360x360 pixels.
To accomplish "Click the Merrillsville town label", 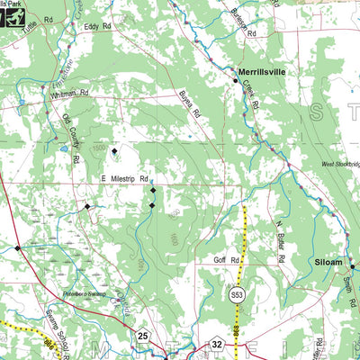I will (263, 68).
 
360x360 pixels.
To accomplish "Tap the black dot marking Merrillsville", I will (236, 81).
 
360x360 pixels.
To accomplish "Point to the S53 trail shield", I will (237, 293).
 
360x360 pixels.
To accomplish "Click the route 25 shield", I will (143, 336).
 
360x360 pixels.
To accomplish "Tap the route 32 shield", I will (217, 344).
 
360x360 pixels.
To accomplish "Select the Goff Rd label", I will (228, 261).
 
